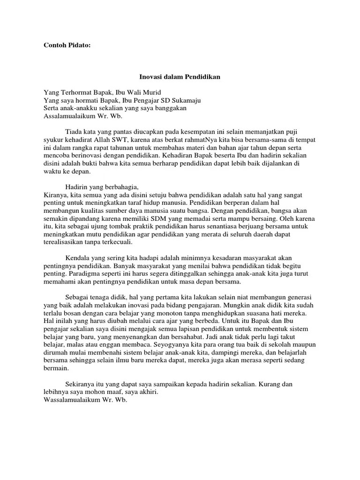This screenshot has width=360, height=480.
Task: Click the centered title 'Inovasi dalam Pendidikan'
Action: pos(180,76)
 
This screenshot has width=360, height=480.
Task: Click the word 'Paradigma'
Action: pos(83,274)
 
